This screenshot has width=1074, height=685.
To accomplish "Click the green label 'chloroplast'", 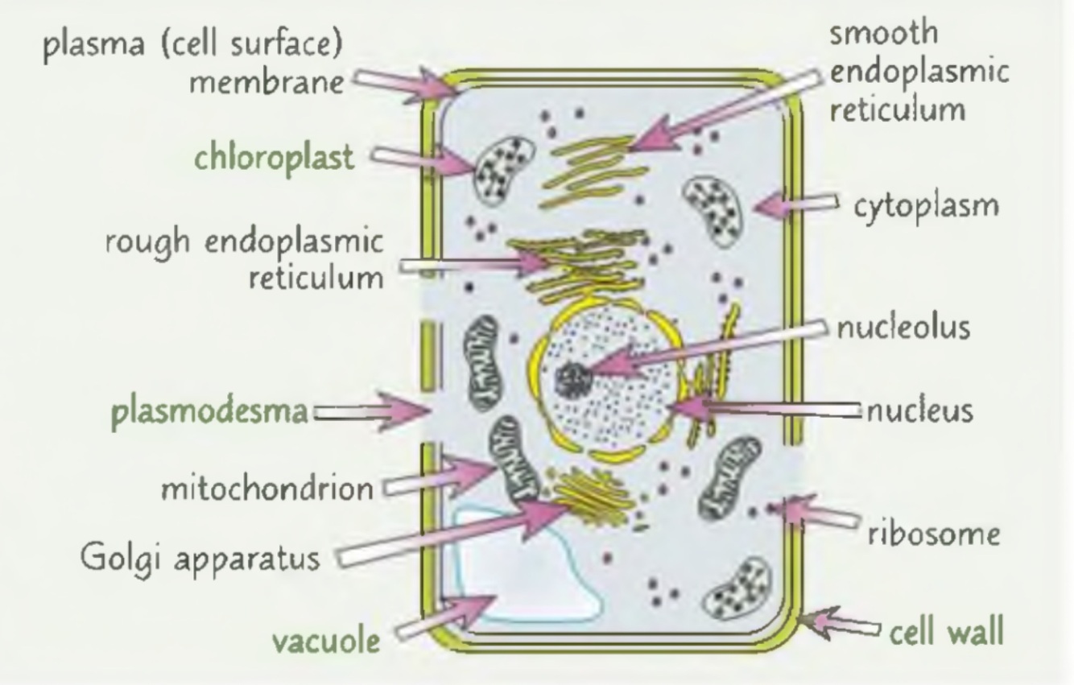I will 273,158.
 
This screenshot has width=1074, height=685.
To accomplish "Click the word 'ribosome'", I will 935,534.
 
